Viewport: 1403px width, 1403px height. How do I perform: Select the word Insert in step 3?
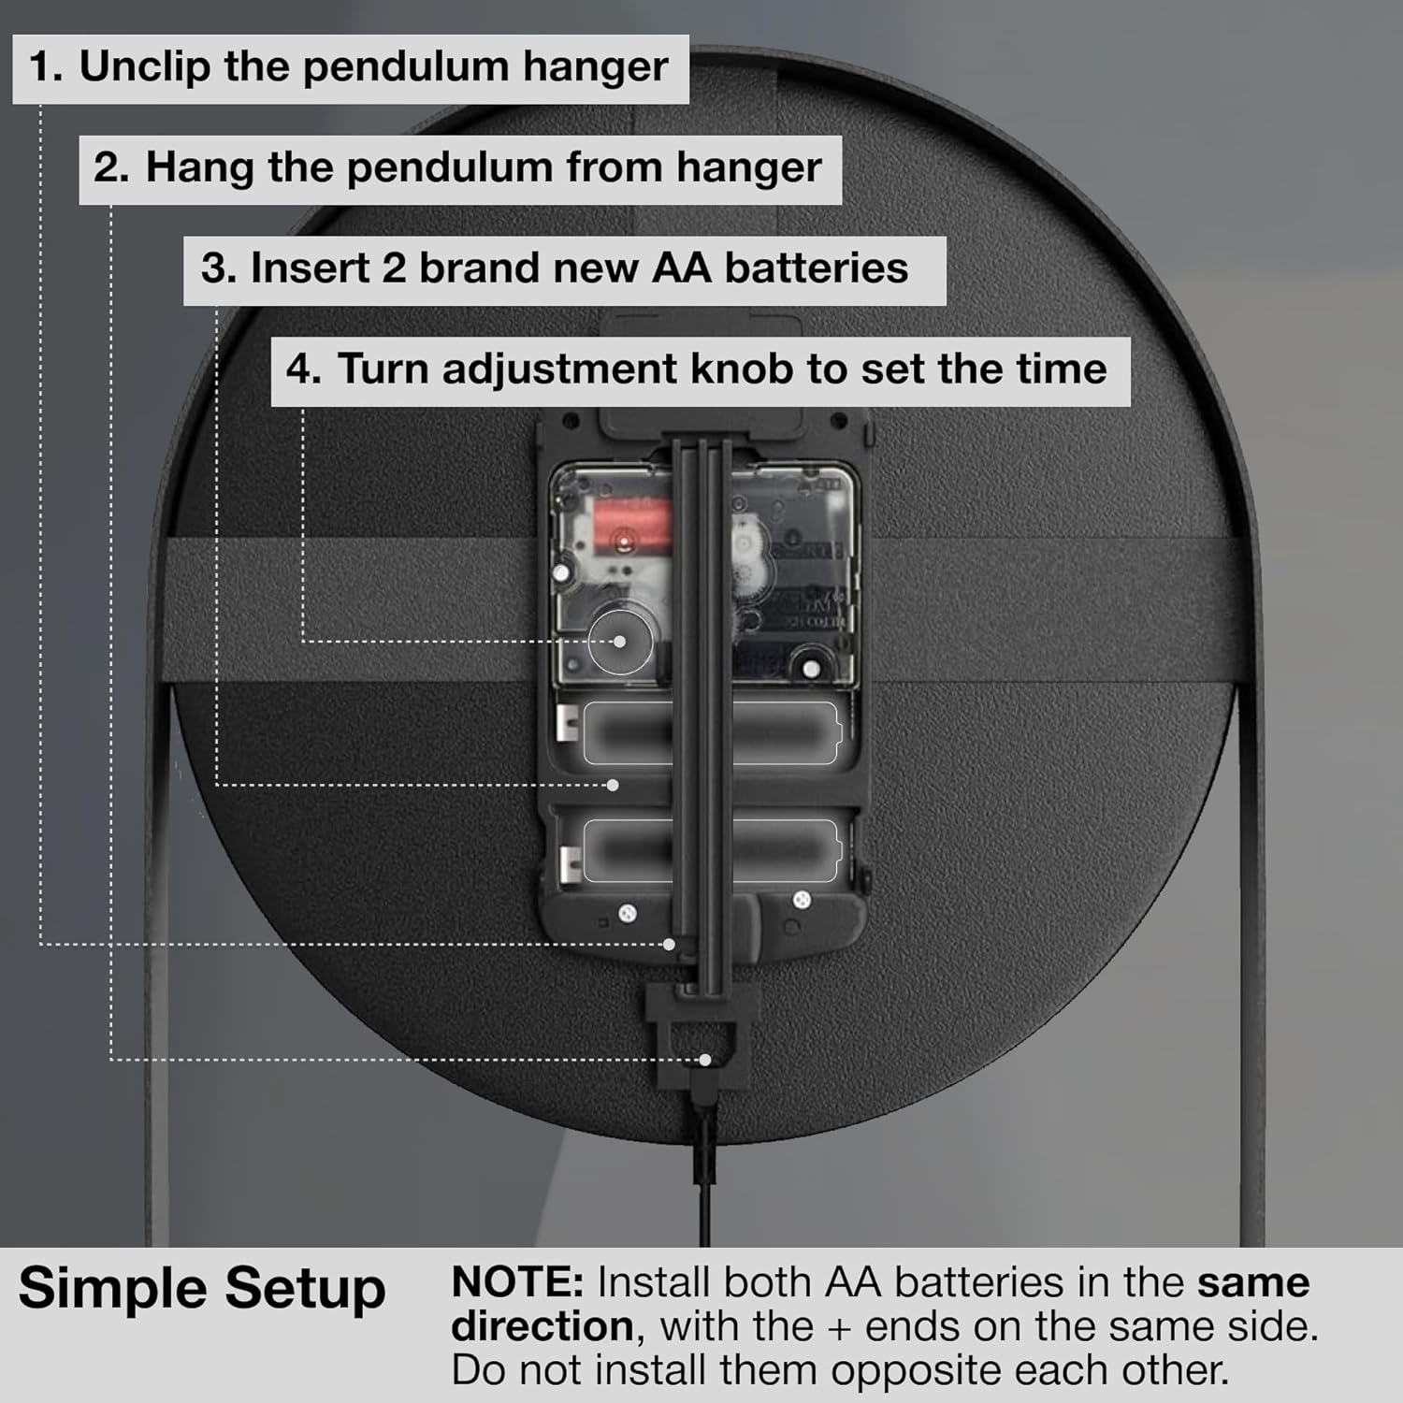(310, 268)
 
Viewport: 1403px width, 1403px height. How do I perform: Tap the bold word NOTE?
(517, 1282)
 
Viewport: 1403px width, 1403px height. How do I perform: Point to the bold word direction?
(542, 1326)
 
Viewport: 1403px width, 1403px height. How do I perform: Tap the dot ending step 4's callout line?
(619, 642)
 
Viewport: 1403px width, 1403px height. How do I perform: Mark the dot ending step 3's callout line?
(614, 785)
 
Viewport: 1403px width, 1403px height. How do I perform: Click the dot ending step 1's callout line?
(669, 945)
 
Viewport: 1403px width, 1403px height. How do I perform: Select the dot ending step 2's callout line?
(705, 1060)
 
